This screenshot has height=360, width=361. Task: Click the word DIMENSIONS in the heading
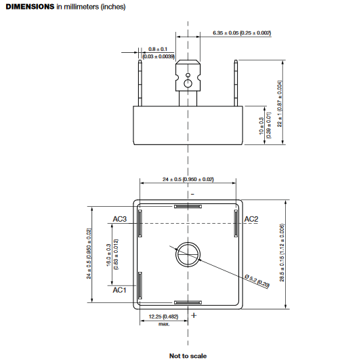tap(29, 6)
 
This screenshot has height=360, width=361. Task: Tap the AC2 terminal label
tap(251, 219)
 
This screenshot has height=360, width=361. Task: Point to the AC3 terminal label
tap(121, 219)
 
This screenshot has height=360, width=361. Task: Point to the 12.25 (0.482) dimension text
tap(163, 317)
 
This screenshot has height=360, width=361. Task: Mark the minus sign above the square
tap(192, 194)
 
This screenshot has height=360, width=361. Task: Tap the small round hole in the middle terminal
tap(188, 83)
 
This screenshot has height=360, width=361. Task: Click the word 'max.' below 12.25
tap(163, 324)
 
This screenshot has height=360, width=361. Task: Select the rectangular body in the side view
tap(188, 123)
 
